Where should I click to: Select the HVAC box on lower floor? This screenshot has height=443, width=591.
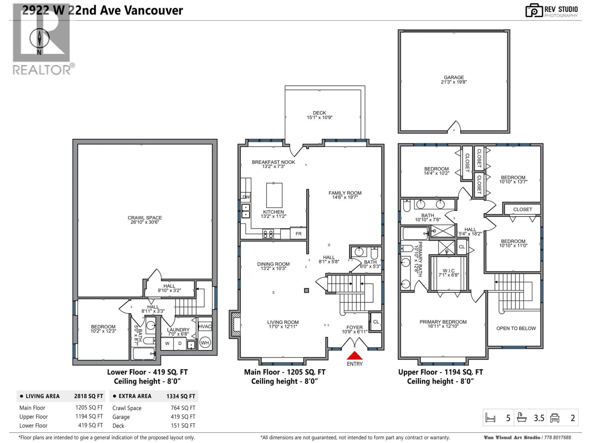pos(205,326)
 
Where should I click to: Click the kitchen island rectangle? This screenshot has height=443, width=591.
pos(274,195)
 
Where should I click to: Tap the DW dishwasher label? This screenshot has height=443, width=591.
pos(246,197)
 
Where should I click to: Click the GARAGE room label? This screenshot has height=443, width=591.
pos(454,80)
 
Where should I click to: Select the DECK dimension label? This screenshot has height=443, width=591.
pos(319,115)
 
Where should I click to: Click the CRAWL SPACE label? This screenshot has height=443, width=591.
pos(145,220)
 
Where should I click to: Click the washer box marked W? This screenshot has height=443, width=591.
pos(167,343)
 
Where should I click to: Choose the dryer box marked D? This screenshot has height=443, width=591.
pos(180,343)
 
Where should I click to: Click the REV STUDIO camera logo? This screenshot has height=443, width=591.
pos(534,11)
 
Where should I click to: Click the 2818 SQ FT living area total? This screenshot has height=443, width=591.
pos(88,396)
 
